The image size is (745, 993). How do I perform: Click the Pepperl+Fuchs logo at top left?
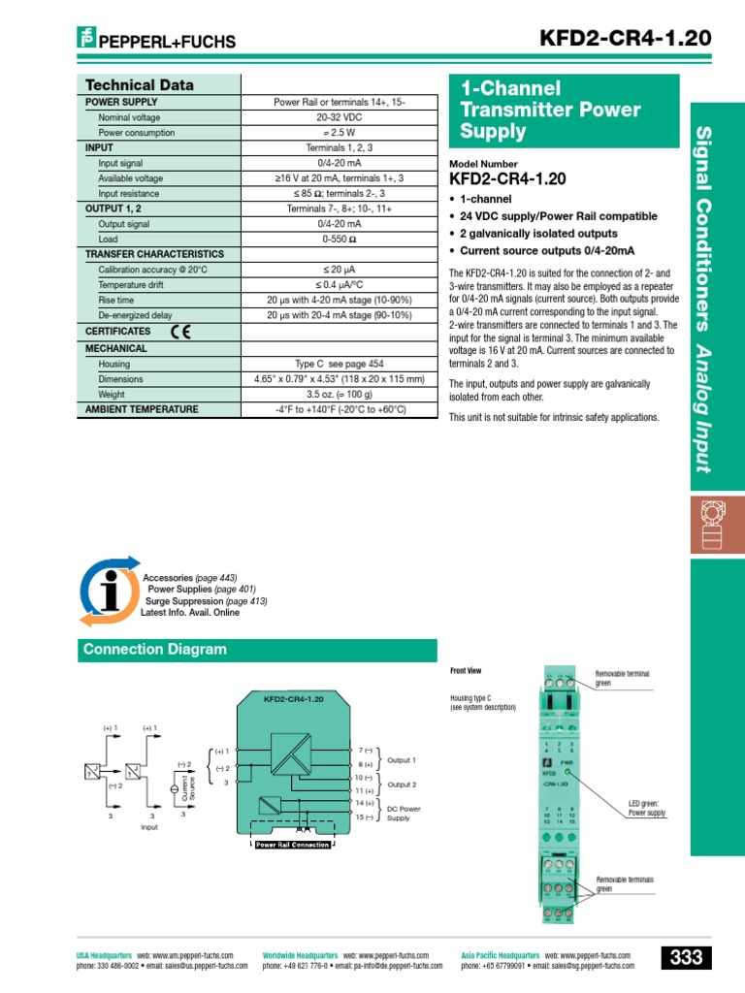156,41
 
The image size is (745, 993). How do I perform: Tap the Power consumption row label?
137,132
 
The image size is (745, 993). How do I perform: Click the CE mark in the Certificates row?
180,332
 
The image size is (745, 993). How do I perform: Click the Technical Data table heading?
140,84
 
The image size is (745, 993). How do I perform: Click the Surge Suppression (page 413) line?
207,601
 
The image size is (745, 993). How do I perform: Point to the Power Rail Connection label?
292,845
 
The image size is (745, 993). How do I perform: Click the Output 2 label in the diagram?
402,784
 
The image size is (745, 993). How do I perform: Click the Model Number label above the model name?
483,165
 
